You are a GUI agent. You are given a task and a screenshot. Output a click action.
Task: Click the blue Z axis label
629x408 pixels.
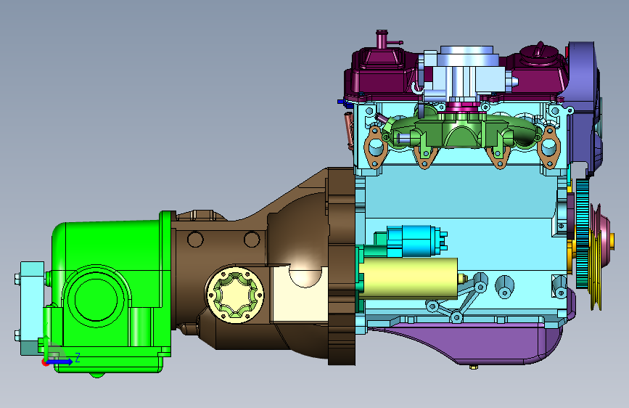(78, 357)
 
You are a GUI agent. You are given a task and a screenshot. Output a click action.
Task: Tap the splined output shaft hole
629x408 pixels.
(236, 294)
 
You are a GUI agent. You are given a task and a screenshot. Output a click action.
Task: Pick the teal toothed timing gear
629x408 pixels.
(583, 233)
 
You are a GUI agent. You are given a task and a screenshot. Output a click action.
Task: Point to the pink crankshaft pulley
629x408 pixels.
(599, 256)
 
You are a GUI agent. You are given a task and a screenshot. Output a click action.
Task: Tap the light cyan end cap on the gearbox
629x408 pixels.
(31, 308)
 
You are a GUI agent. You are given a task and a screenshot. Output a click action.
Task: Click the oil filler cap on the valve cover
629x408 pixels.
(539, 52)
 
